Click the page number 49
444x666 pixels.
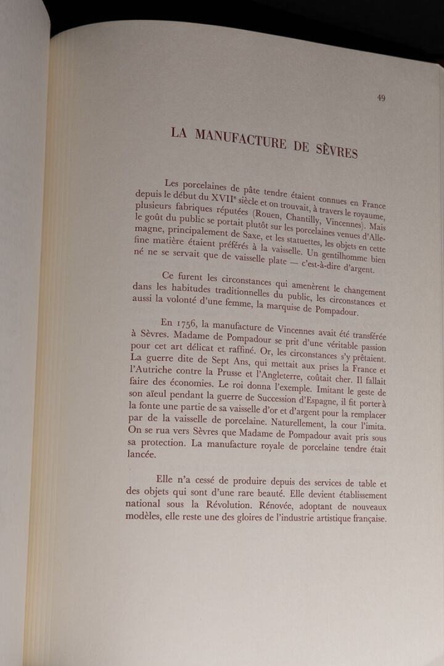382,97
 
